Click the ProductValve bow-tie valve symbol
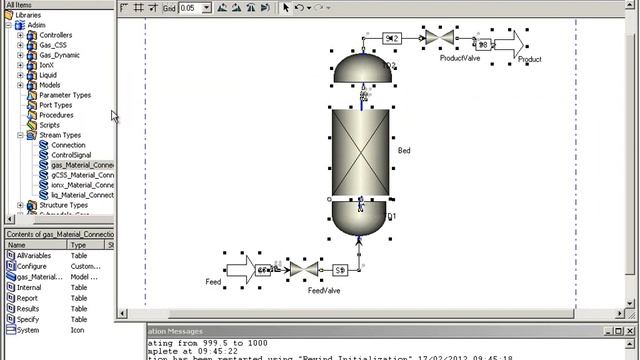coord(439,38)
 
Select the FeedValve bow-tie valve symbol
coord(304,269)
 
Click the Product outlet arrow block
coord(510,44)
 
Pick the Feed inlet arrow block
coord(240,269)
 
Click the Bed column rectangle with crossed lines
coord(361,151)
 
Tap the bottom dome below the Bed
coord(361,219)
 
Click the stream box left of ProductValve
coord(391,38)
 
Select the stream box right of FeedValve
coord(340,269)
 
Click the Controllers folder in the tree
coord(55,35)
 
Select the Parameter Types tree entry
coord(65,95)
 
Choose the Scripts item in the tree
coord(49,125)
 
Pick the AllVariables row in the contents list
coord(36,256)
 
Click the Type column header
coord(78,244)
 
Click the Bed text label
coord(404,151)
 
